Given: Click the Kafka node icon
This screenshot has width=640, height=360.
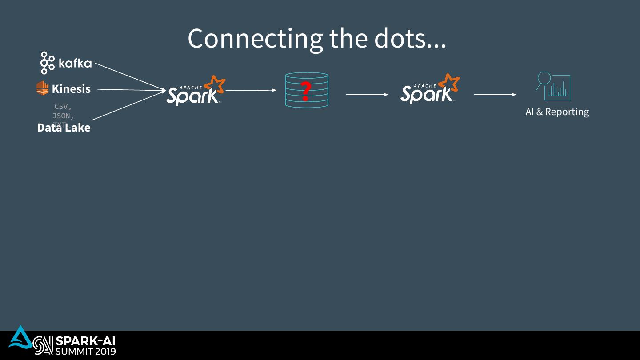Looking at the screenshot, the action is [47, 63].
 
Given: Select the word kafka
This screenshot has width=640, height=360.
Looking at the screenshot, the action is [75, 64].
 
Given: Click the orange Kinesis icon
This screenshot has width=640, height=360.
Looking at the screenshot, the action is [42, 88].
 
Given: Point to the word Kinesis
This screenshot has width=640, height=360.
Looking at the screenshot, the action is [71, 89].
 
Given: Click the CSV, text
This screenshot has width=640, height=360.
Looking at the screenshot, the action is [63, 107].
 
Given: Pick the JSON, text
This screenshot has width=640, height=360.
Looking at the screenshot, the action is [63, 116].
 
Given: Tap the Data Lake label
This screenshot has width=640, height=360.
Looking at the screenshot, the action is [64, 128].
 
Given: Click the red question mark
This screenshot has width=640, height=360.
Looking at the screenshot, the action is [305, 91].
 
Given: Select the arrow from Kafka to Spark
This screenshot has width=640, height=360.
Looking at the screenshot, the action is [129, 76].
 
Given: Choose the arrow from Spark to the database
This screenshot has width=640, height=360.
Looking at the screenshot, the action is [251, 90].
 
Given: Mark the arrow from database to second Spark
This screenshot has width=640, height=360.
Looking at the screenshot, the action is [367, 95].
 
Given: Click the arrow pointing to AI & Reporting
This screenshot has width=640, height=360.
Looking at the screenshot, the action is [495, 95].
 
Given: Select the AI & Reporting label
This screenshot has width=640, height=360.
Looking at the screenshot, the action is [557, 112].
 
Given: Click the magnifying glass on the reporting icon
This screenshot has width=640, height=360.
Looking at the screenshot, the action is [544, 79].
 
